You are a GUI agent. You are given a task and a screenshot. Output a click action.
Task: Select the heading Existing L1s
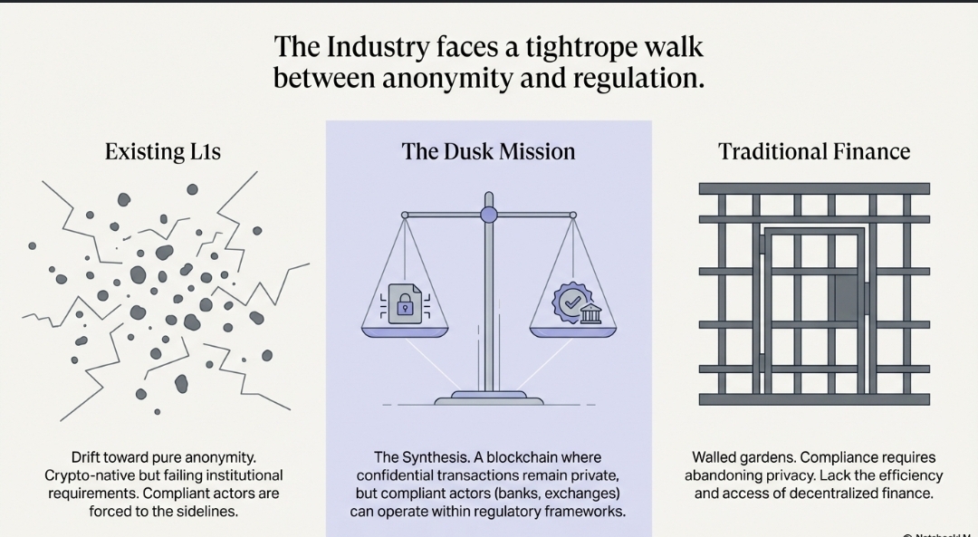pyautogui.click(x=162, y=151)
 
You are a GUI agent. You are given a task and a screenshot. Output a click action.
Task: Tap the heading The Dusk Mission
pyautogui.click(x=488, y=151)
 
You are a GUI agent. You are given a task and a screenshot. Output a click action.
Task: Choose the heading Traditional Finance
pyautogui.click(x=814, y=151)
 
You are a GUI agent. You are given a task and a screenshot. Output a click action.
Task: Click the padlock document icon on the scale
pyautogui.click(x=404, y=302)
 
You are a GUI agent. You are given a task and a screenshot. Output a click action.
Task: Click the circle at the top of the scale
pyautogui.click(x=489, y=215)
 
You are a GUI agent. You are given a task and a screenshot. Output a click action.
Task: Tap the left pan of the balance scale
pyautogui.click(x=405, y=331)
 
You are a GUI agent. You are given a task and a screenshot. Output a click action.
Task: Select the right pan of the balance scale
pyautogui.click(x=573, y=331)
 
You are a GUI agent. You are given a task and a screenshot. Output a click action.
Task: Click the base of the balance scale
pyautogui.click(x=489, y=397)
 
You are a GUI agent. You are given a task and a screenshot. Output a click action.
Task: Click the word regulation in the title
pyautogui.click(x=638, y=79)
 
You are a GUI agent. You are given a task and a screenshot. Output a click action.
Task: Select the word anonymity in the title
pyautogui.click(x=445, y=79)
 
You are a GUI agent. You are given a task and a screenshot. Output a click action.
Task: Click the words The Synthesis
pyautogui.click(x=415, y=457)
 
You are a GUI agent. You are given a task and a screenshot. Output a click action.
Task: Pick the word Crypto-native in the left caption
pyautogui.click(x=85, y=475)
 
